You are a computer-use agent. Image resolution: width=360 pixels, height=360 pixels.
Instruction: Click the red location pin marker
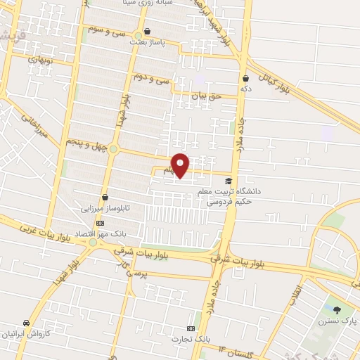tap(181, 165)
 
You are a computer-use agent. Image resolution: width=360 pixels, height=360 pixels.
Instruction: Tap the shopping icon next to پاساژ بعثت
tap(147, 32)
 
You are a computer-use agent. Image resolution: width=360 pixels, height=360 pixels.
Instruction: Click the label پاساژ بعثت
tap(147, 42)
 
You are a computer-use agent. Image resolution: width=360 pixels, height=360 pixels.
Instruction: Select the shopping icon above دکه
tap(245, 79)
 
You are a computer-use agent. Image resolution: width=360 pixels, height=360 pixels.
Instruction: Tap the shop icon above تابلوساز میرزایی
tap(105, 198)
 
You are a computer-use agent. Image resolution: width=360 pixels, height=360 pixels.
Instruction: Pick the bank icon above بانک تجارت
tap(191, 328)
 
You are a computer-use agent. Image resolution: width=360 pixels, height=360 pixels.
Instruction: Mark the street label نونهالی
tap(40, 59)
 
